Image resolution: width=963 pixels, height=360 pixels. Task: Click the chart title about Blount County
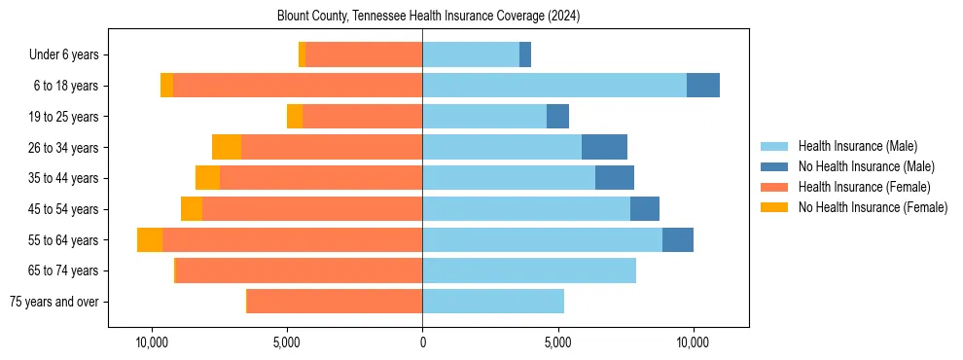421,16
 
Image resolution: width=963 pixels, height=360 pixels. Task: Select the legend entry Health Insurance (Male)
857,146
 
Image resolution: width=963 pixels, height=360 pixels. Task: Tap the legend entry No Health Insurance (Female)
873,207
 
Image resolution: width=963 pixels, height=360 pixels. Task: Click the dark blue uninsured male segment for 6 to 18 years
703,86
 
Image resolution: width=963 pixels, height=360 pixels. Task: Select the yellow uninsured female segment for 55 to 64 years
150,240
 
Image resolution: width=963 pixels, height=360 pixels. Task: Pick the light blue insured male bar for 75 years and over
493,302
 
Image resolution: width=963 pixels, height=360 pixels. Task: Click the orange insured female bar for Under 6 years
364,54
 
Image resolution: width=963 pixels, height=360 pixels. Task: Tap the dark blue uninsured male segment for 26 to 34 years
604,147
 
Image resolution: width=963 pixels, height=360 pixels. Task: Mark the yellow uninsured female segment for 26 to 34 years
227,147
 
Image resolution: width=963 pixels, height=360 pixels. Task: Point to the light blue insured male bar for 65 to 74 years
529,270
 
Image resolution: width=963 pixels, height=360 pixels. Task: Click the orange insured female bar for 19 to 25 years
362,117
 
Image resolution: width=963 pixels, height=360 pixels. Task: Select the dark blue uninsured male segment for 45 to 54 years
645,209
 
